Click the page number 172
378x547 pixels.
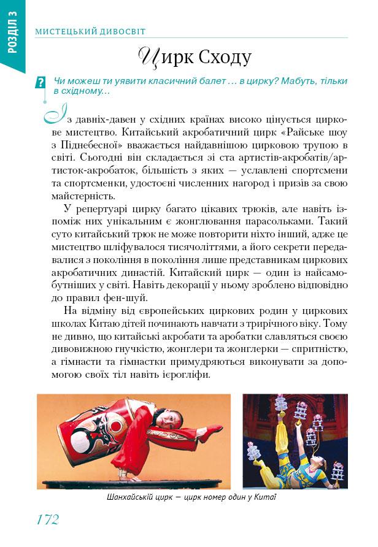tap(47, 519)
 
